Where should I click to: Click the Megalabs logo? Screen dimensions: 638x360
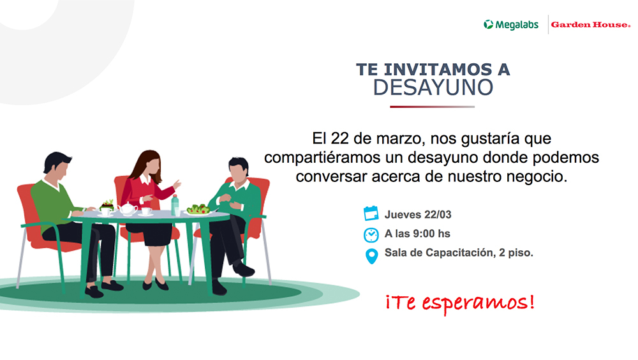pyautogui.click(x=510, y=25)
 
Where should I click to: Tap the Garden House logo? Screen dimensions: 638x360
pyautogui.click(x=590, y=25)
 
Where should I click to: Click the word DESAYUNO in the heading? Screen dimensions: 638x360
pyautogui.click(x=433, y=87)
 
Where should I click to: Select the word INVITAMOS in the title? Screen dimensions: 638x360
pyautogui.click(x=438, y=70)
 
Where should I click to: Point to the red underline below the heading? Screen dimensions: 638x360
pyautogui.click(x=432, y=107)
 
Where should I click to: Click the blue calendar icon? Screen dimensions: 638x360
pyautogui.click(x=371, y=213)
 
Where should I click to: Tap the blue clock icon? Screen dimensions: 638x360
pyautogui.click(x=371, y=235)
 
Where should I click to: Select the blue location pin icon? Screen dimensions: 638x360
pyautogui.click(x=371, y=256)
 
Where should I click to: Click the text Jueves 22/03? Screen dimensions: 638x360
pyautogui.click(x=418, y=214)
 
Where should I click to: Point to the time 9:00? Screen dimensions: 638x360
pyautogui.click(x=424, y=234)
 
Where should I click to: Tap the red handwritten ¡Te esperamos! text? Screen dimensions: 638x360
pyautogui.click(x=460, y=303)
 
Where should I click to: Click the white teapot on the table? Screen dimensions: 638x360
pyautogui.click(x=128, y=209)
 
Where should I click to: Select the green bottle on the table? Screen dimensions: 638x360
pyautogui.click(x=175, y=206)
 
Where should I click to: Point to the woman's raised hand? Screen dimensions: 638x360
pyautogui.click(x=177, y=184)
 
